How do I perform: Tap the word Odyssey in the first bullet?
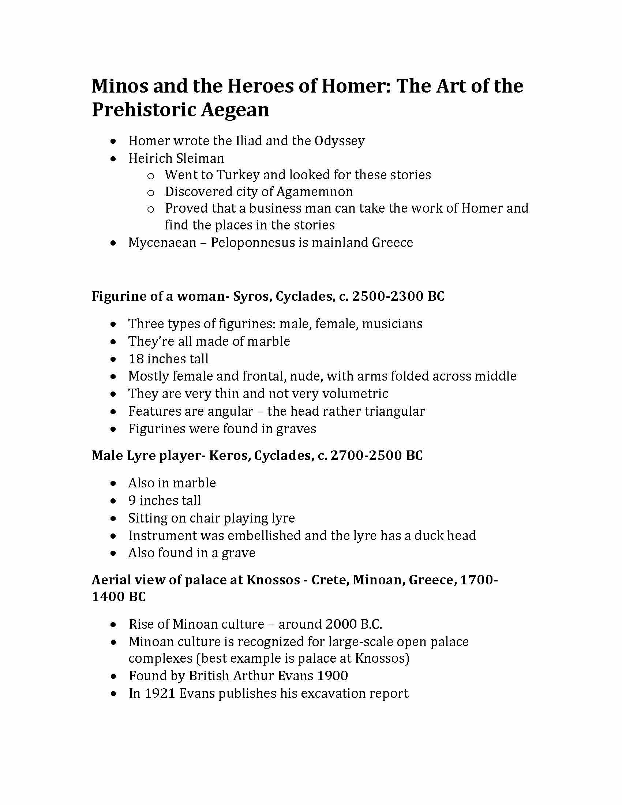coord(340,141)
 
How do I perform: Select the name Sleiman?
coord(200,158)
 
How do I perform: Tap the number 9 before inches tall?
coord(132,501)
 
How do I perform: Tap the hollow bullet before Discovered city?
coord(150,192)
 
